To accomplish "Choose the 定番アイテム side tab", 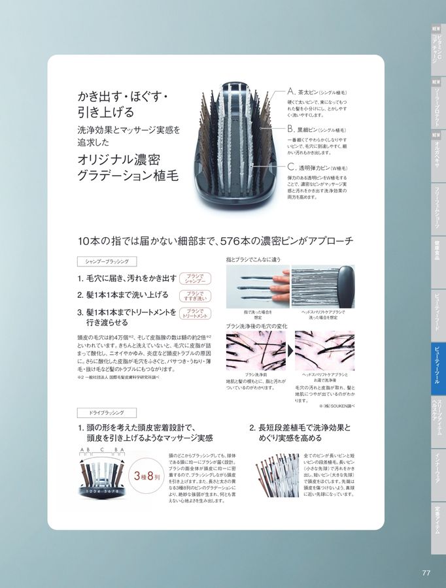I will (437, 519).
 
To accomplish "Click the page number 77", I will (426, 573).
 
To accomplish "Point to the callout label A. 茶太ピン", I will (318, 93).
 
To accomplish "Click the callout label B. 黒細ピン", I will (318, 130).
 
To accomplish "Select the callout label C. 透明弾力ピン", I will (318, 168).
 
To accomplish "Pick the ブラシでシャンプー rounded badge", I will (194, 278).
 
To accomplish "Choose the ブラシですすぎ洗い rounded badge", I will (194, 295).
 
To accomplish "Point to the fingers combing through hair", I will (256, 287).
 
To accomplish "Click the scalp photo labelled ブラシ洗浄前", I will (256, 351).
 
